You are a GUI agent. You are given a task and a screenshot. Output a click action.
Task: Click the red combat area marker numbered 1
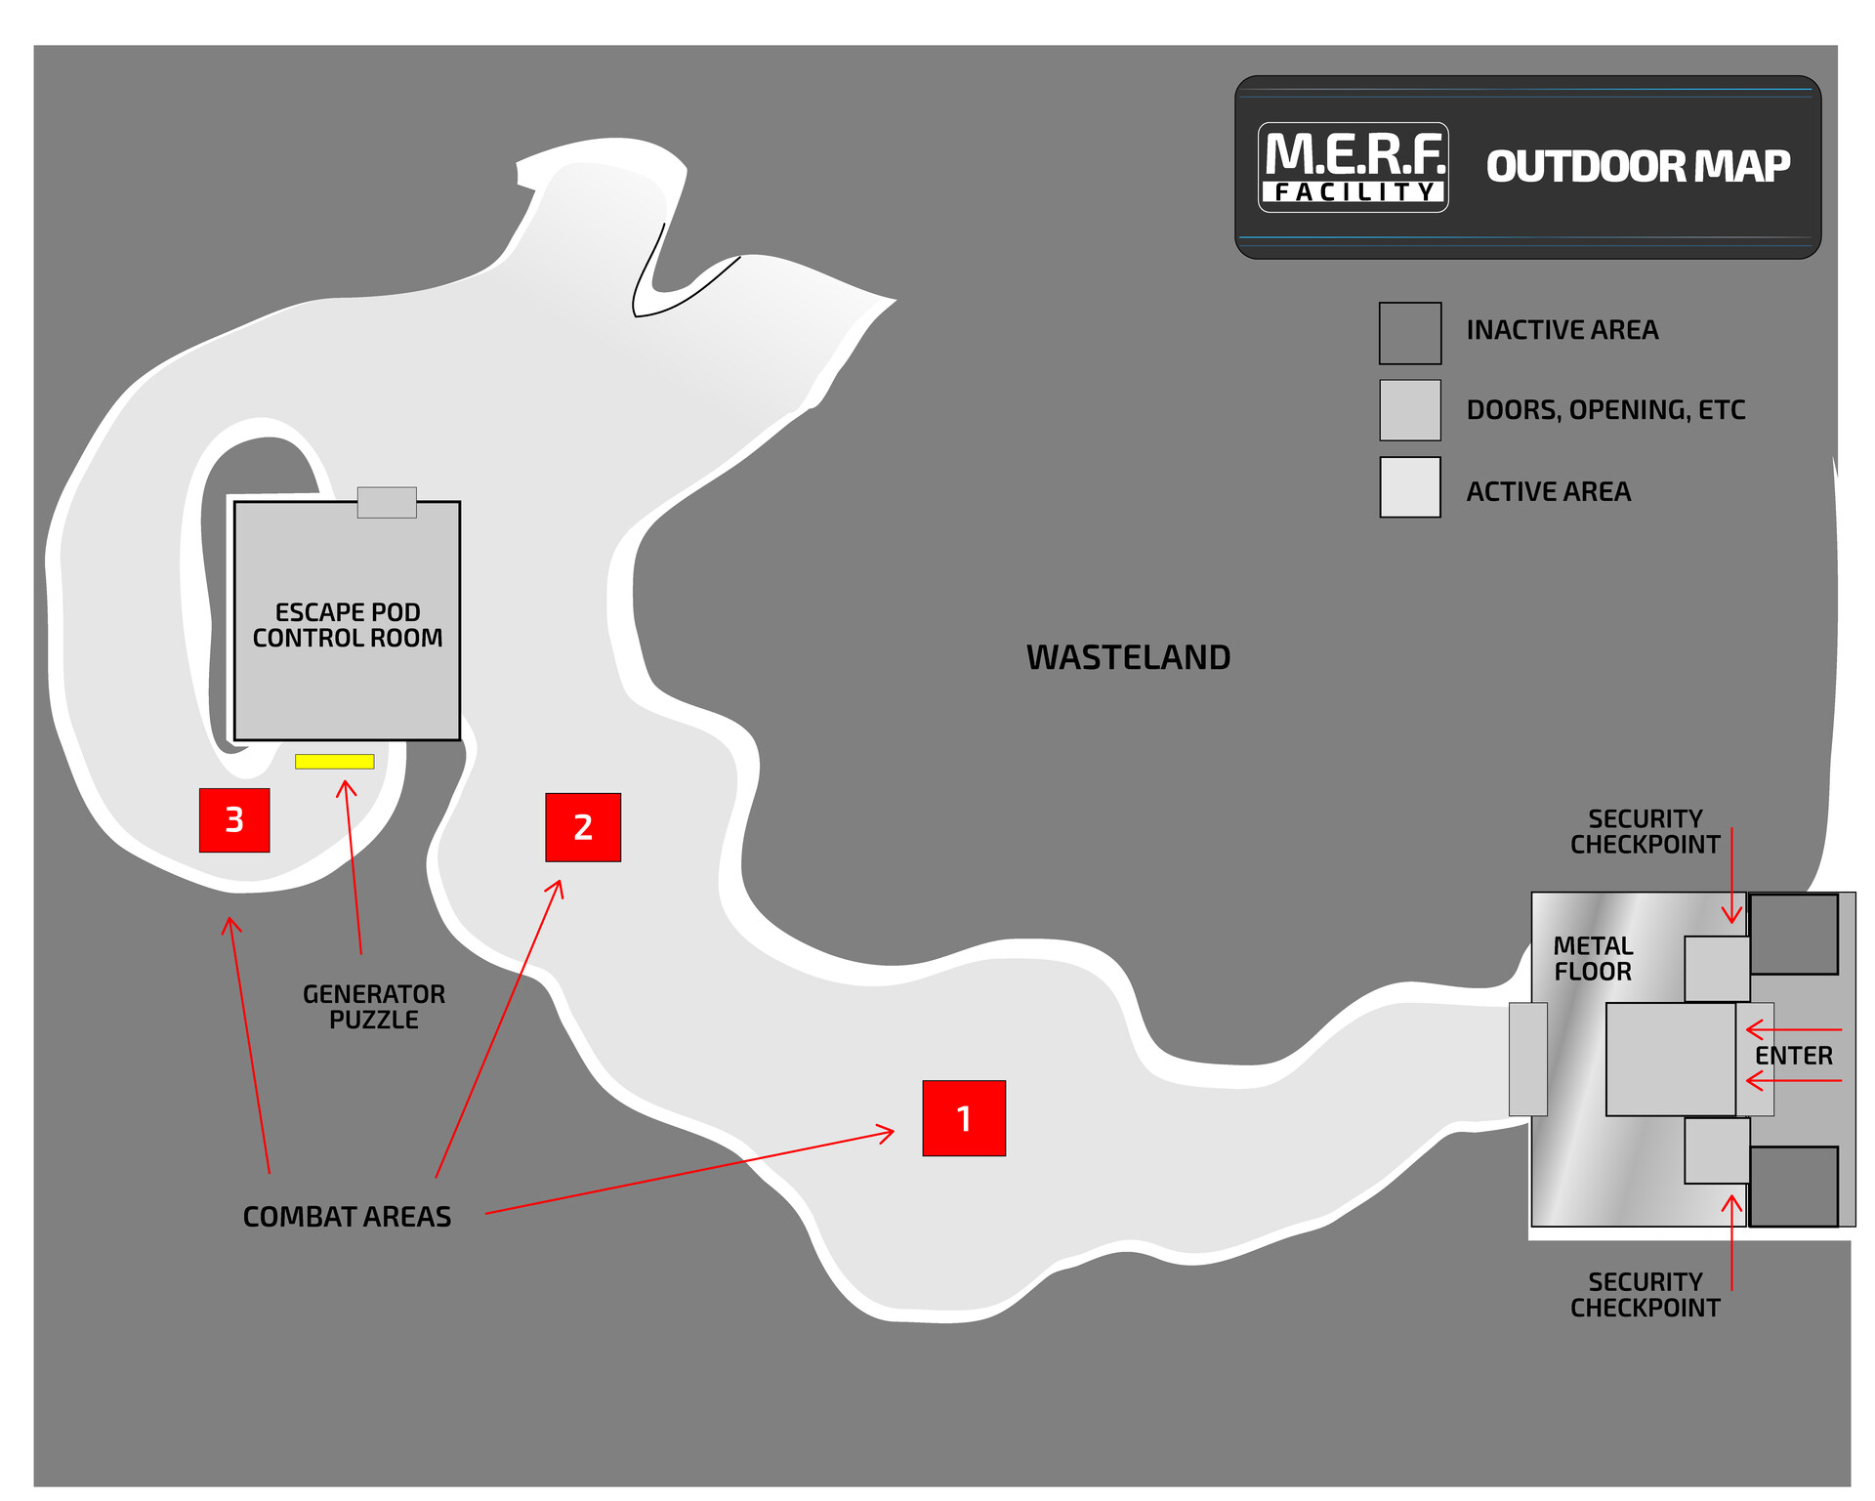963,1118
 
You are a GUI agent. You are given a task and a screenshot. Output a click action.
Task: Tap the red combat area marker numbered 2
583,827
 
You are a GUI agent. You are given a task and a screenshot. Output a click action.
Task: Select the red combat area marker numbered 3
234,820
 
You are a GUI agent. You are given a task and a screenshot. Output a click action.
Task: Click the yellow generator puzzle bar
335,762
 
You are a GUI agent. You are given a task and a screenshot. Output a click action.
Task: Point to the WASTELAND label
1128,657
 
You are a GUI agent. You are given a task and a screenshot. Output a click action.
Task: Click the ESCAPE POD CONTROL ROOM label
348,625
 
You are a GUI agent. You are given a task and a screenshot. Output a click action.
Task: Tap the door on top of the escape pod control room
387,502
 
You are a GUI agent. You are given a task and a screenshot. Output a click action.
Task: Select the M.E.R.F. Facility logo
1353,167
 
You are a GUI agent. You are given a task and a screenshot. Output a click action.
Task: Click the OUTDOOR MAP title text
1638,167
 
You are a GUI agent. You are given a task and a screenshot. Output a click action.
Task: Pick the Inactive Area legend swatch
1409,333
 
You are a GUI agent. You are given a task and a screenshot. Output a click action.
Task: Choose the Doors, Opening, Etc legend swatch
1409,410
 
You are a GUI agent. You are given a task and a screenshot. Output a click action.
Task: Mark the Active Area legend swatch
1409,487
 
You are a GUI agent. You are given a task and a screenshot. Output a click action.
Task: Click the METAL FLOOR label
1593,959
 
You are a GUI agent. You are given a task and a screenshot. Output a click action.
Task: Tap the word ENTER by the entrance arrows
1793,1056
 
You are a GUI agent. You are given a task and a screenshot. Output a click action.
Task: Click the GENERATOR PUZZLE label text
374,1007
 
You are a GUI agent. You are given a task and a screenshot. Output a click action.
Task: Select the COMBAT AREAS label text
347,1217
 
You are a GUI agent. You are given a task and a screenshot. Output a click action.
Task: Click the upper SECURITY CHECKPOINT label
1645,832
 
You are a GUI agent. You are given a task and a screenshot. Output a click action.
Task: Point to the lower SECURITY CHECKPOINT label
1645,1295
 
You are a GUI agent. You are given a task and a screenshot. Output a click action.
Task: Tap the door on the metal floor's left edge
1527,1059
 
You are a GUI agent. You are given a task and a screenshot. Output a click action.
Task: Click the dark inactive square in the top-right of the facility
1793,935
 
